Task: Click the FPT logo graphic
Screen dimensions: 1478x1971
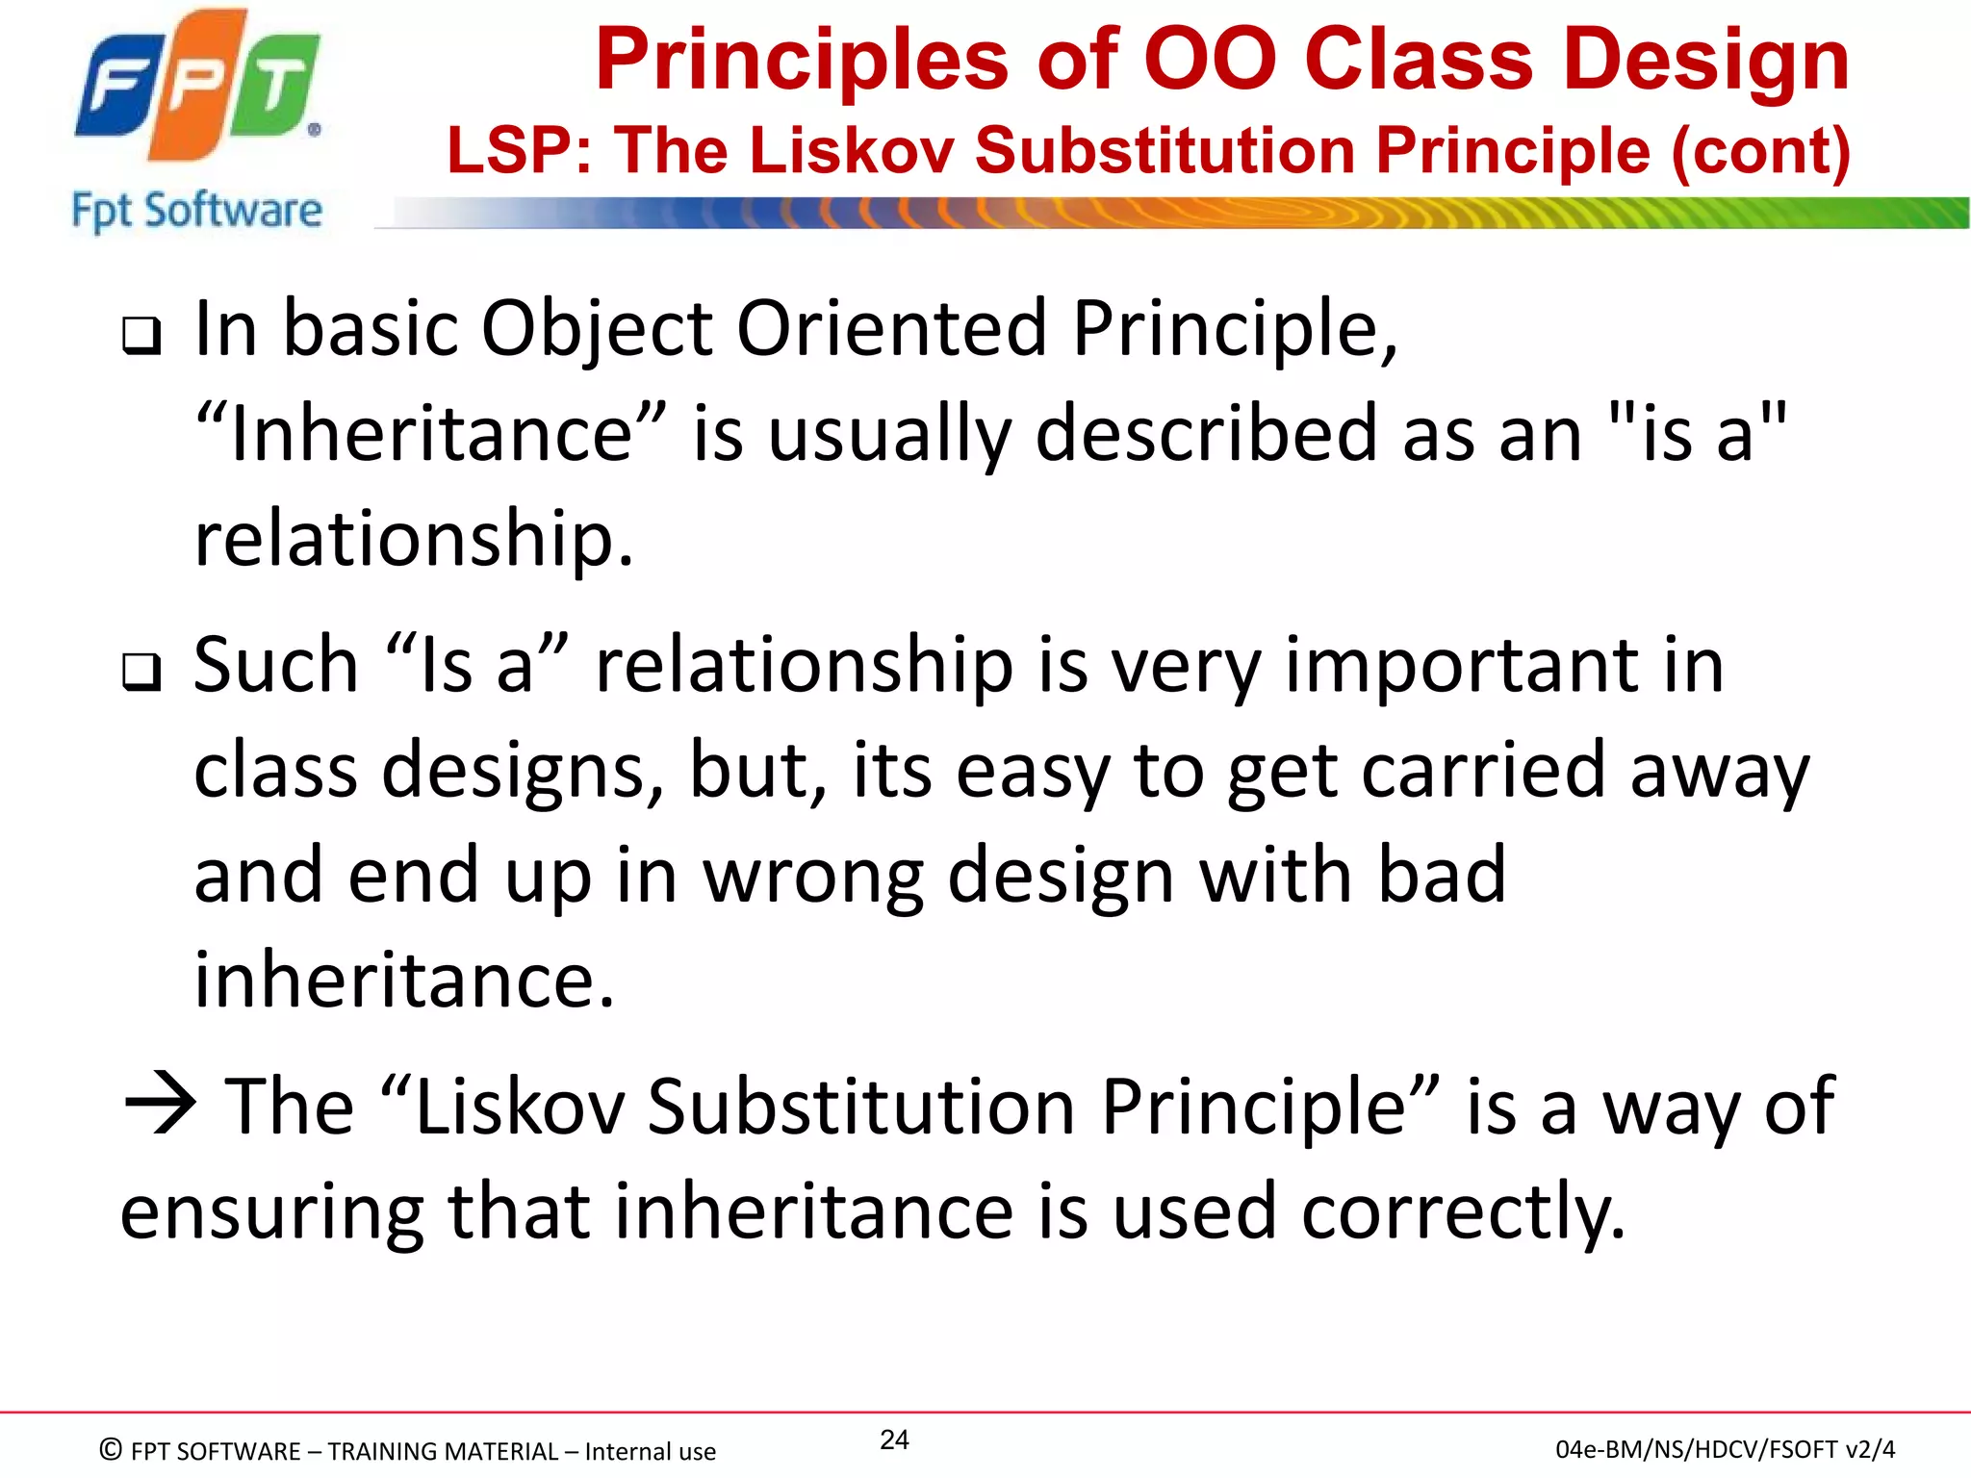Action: (x=197, y=87)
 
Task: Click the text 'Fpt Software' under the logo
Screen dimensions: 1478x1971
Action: (x=197, y=211)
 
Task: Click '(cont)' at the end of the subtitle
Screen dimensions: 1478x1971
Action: (x=1760, y=151)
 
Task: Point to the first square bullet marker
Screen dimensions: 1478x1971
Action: (x=141, y=336)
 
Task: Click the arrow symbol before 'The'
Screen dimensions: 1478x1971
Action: (x=160, y=1105)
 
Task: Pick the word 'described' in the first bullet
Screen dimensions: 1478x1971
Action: (x=1206, y=433)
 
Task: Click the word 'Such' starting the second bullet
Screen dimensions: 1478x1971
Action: (x=276, y=665)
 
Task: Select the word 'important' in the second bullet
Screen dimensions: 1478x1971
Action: (x=1462, y=665)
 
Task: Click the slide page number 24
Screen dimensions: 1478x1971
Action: (x=894, y=1440)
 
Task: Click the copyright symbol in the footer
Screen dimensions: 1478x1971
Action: (x=111, y=1449)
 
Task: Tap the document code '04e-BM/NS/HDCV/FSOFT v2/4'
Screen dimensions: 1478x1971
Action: (x=1725, y=1449)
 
